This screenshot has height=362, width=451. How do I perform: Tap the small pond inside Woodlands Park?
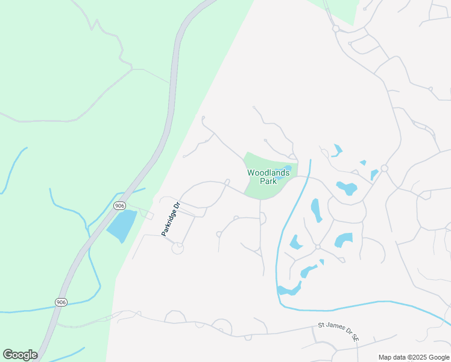287,168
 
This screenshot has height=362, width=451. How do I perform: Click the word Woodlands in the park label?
268,173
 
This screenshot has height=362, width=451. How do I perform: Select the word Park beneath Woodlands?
268,181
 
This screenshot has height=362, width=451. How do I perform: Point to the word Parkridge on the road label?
168,222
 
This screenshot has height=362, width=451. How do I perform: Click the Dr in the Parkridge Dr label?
177,205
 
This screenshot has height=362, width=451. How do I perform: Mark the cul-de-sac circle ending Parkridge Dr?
178,248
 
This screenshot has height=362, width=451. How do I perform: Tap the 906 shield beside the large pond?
120,206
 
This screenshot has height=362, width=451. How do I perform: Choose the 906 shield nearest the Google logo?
61,302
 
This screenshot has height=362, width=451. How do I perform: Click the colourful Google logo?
20,355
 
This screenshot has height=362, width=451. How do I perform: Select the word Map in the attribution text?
385,357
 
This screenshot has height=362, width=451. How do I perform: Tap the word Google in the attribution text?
438,357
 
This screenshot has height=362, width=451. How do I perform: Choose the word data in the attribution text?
399,357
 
